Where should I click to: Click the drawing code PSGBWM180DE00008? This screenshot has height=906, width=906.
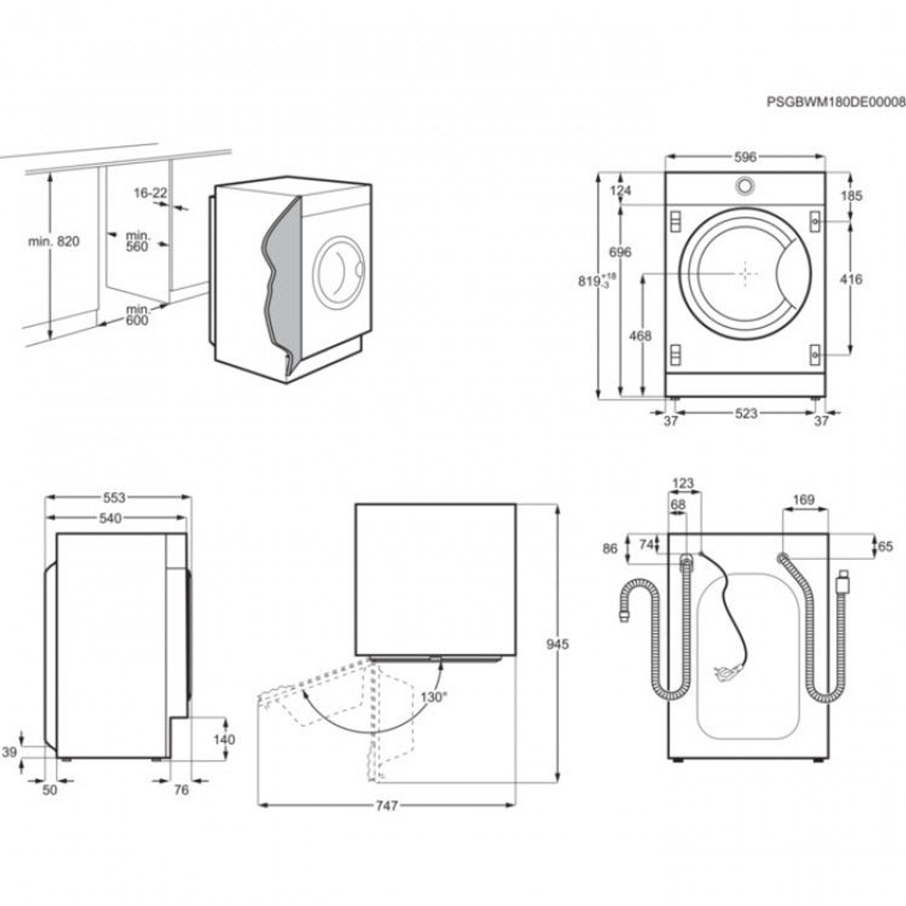[835, 102]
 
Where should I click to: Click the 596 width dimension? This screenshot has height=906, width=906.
[745, 157]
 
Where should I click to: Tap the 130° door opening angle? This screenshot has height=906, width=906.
[434, 697]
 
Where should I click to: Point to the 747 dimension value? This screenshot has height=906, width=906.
[387, 805]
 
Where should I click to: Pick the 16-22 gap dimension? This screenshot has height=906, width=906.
[149, 193]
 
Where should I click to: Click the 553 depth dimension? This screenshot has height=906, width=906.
[113, 497]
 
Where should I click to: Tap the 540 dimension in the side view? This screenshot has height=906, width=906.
[111, 518]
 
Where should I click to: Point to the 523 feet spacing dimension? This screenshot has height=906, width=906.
[746, 413]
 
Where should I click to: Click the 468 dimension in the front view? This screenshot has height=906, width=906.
[641, 336]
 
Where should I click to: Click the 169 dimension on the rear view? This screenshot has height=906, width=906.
[804, 499]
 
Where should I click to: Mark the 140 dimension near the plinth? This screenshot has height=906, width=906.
[223, 739]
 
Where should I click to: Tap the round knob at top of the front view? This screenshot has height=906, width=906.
[745, 186]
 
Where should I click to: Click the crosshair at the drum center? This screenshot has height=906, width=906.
[745, 272]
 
